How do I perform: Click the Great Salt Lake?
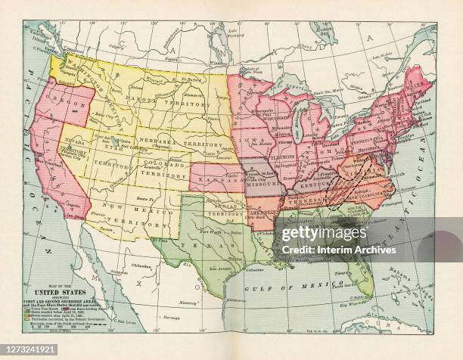115,139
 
